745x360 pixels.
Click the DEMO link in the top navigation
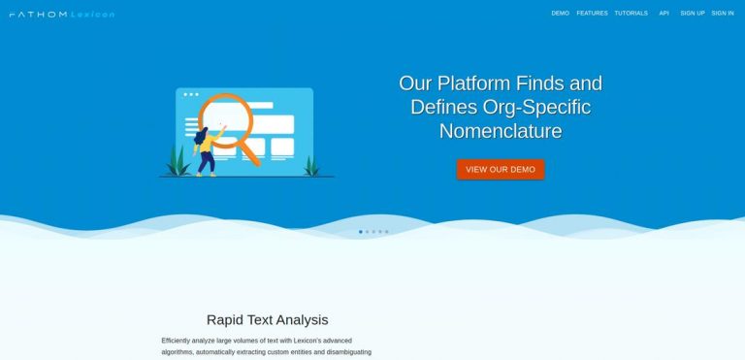[x=560, y=14]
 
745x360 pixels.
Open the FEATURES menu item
[x=592, y=14]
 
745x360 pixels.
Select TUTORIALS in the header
[x=631, y=14]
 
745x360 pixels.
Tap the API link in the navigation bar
[x=664, y=14]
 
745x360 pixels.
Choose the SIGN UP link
[x=693, y=14]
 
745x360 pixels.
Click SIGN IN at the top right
[x=723, y=14]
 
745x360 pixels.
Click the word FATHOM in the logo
[x=37, y=15]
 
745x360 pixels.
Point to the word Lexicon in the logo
[x=92, y=15]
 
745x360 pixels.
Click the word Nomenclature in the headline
[x=501, y=131]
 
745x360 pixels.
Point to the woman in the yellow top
[x=205, y=151]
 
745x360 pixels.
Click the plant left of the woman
[x=178, y=161]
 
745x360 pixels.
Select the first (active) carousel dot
[x=361, y=232]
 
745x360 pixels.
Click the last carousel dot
[x=386, y=232]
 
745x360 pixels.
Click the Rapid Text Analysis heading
[x=267, y=319]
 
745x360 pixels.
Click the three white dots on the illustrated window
[x=190, y=94]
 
